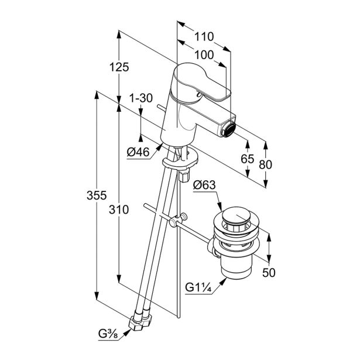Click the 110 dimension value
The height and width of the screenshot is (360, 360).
pyautogui.click(x=204, y=36)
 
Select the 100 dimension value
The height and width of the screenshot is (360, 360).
pyautogui.click(x=204, y=54)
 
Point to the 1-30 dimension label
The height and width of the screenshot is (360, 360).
pyautogui.click(x=140, y=99)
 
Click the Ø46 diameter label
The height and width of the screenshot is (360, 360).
pyautogui.click(x=139, y=153)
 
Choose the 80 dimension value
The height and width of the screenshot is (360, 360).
pyautogui.click(x=266, y=166)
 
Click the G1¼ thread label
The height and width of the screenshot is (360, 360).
pyautogui.click(x=198, y=287)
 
